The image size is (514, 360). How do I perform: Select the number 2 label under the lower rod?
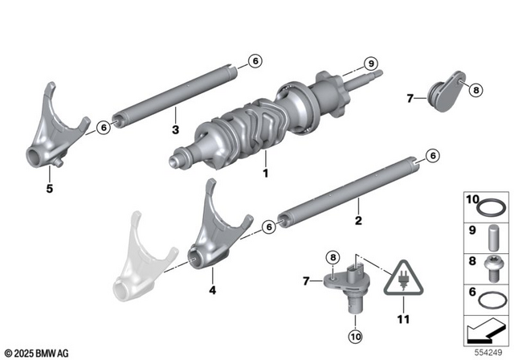coord(359,219)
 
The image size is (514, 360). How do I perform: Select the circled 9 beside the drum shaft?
coord(371,63)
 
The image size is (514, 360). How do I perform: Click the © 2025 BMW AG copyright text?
coord(38,353)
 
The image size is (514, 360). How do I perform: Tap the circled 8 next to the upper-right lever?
coord(475,90)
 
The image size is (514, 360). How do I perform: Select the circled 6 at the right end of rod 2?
coord(431,155)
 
